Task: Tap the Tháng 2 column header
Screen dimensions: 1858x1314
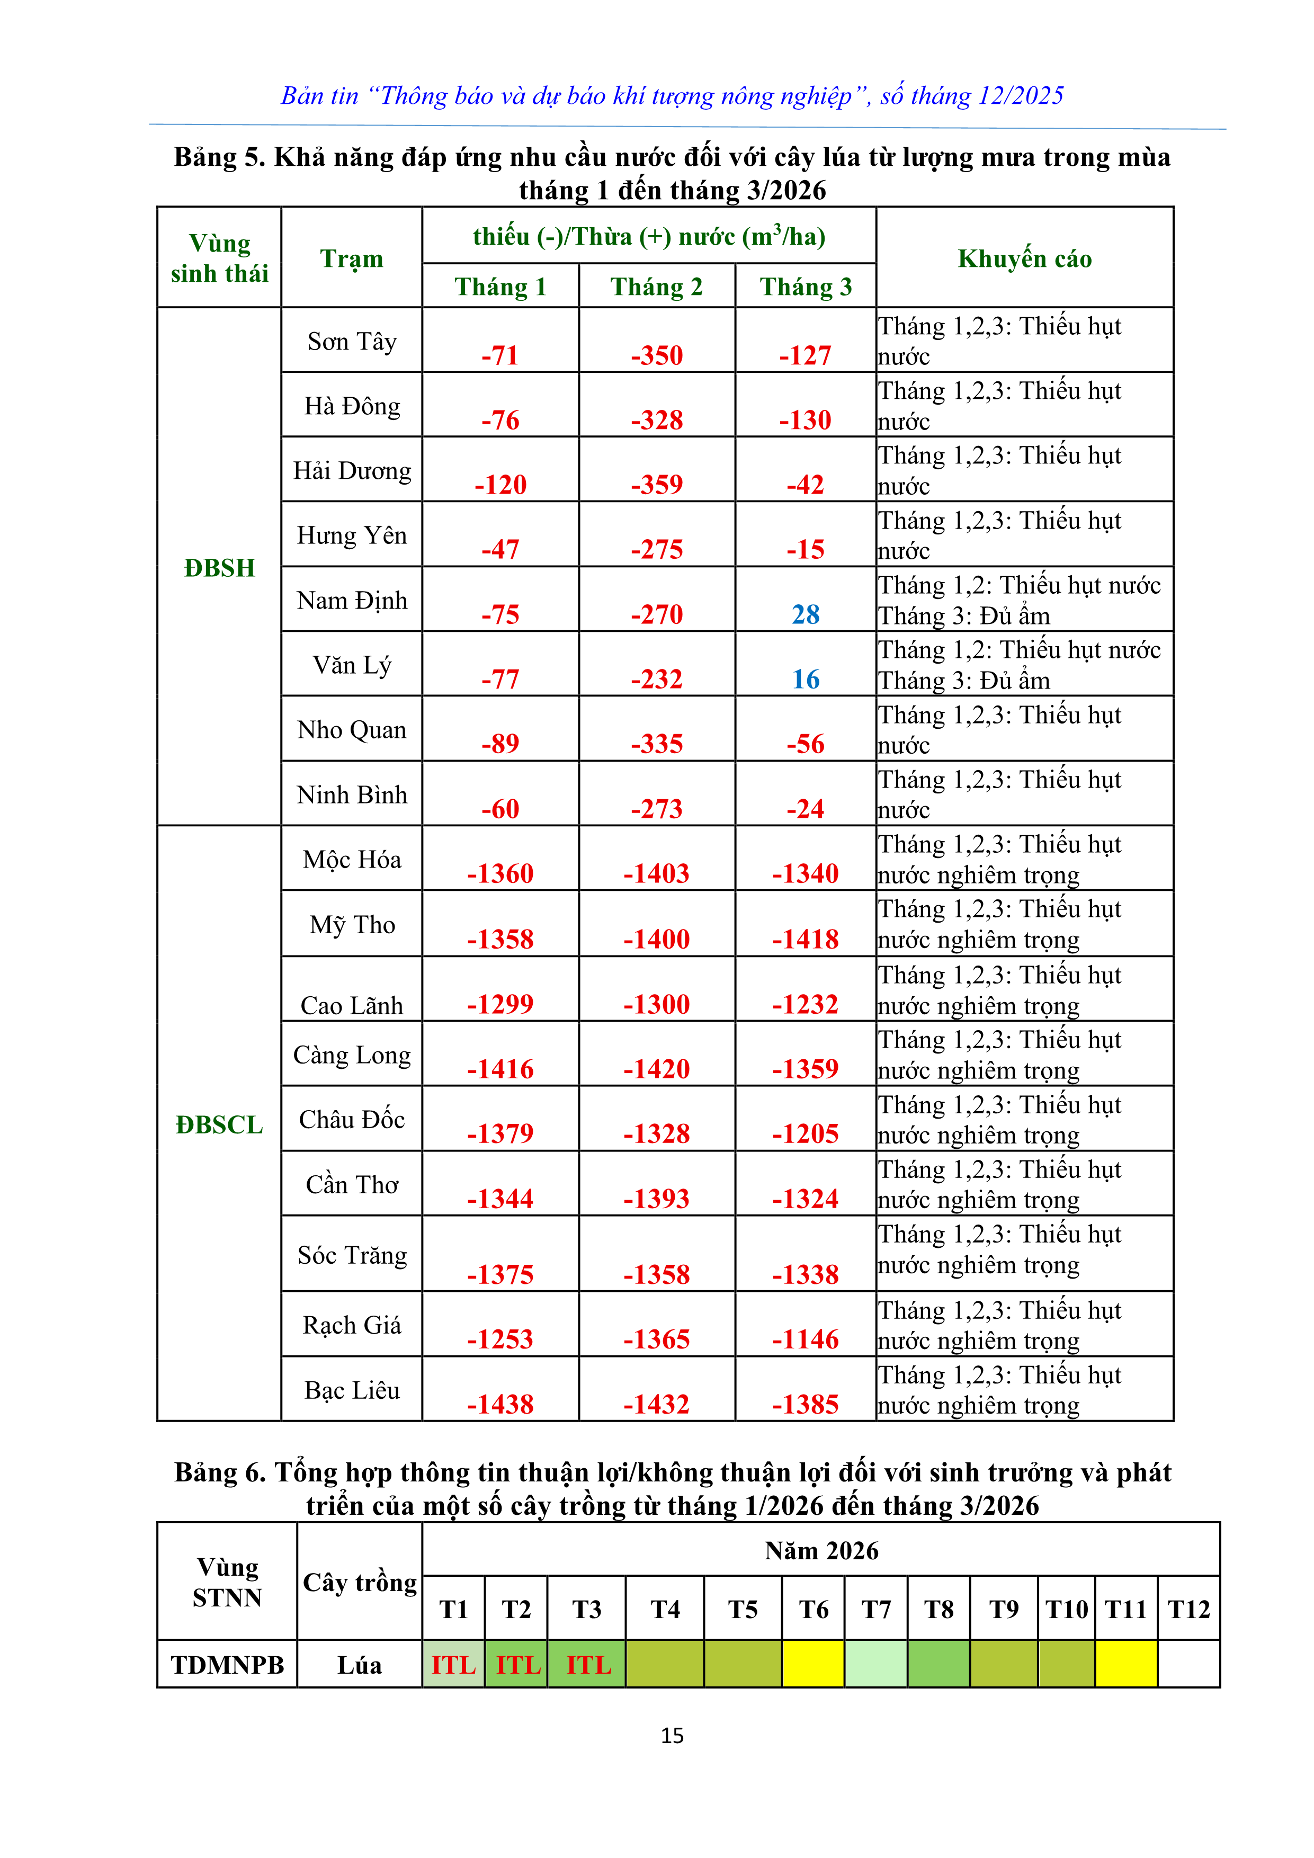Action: coord(656,287)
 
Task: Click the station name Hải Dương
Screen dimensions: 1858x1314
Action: coord(352,470)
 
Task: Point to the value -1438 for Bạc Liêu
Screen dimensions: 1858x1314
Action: coord(500,1404)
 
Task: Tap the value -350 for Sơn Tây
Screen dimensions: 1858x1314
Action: coord(657,355)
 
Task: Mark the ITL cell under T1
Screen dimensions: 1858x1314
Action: coord(453,1665)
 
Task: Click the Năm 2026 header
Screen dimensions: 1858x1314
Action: coord(821,1550)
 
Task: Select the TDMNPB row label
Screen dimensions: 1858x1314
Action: coord(227,1665)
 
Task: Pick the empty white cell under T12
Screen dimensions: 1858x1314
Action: coord(1188,1665)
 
